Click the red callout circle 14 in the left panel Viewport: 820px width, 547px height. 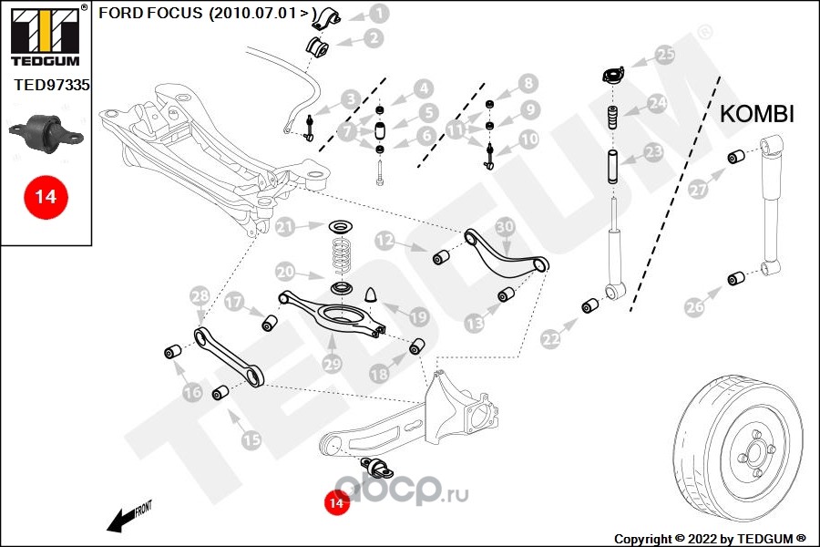pyautogui.click(x=46, y=196)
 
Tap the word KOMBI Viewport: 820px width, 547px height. pyautogui.click(x=757, y=114)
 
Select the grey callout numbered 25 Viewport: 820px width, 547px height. pyautogui.click(x=666, y=55)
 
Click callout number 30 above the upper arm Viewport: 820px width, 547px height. pyautogui.click(x=505, y=227)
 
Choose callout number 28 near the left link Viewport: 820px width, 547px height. pyautogui.click(x=199, y=295)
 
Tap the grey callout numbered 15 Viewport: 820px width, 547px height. pyautogui.click(x=251, y=439)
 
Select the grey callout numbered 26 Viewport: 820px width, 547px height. pyautogui.click(x=695, y=307)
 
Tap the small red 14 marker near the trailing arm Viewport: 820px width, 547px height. pyautogui.click(x=336, y=501)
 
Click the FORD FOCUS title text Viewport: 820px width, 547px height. pyautogui.click(x=204, y=15)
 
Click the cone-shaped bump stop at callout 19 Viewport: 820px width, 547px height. pyautogui.click(x=372, y=294)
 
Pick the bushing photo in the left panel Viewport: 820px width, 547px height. pyautogui.click(x=46, y=132)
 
